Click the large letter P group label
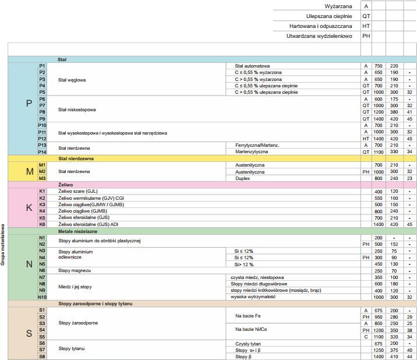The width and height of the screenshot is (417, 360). [x=29, y=104]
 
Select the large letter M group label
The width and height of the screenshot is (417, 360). [x=29, y=172]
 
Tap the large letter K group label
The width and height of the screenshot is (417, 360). [x=29, y=207]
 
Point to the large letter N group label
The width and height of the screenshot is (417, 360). [x=29, y=264]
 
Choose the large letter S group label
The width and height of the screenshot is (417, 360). [x=29, y=333]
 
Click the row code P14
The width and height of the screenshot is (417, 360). [x=42, y=151]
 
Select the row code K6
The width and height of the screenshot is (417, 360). [x=42, y=224]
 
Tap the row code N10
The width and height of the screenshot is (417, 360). [x=42, y=297]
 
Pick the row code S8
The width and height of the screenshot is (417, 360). [x=42, y=356]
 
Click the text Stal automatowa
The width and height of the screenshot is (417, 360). [x=252, y=66]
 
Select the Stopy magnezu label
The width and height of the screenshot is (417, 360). [x=75, y=270]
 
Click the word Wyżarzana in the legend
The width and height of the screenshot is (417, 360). [x=339, y=6]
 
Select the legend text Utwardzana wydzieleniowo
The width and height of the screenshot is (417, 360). [x=320, y=36]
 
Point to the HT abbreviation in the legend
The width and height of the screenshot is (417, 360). [x=366, y=26]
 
